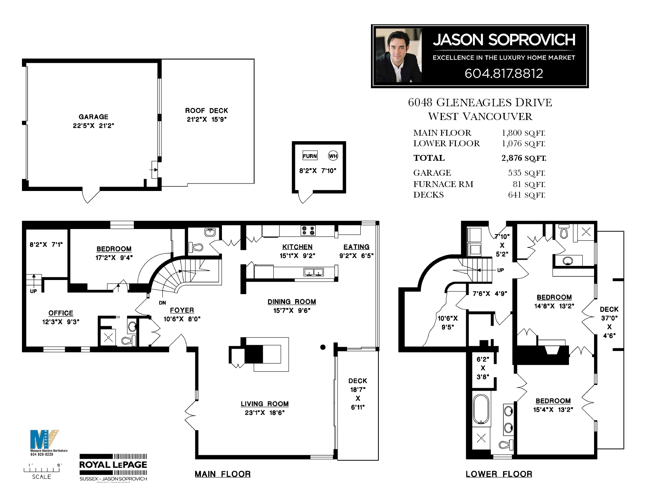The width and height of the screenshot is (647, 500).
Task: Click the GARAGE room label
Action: point(93,117)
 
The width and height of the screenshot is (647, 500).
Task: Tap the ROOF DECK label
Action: point(206,111)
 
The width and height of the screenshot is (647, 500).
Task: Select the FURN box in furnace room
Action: point(310,156)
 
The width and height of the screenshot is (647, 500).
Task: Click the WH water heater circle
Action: point(333,156)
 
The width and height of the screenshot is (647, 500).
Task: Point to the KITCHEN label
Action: point(297,247)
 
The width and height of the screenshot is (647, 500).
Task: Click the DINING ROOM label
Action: point(292,302)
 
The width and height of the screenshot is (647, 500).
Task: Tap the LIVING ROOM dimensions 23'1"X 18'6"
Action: point(265,413)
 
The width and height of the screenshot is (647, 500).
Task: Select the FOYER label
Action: point(182,310)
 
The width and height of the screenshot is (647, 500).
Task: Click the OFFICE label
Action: point(61,313)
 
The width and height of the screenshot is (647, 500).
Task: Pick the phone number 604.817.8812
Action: point(504,73)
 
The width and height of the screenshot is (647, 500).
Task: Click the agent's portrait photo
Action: point(399,56)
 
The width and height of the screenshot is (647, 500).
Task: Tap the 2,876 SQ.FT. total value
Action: point(523,158)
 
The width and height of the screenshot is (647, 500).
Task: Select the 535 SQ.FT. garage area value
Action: point(526,173)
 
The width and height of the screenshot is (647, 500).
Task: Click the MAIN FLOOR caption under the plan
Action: point(223,474)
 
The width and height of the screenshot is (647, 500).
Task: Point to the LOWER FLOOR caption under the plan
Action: point(499,474)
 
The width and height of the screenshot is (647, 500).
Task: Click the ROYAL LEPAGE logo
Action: point(113,465)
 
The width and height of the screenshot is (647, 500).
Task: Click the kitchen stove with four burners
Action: point(308,231)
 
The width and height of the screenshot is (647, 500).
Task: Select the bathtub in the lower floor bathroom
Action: point(481,409)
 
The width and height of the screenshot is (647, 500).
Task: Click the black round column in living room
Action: point(323,347)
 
